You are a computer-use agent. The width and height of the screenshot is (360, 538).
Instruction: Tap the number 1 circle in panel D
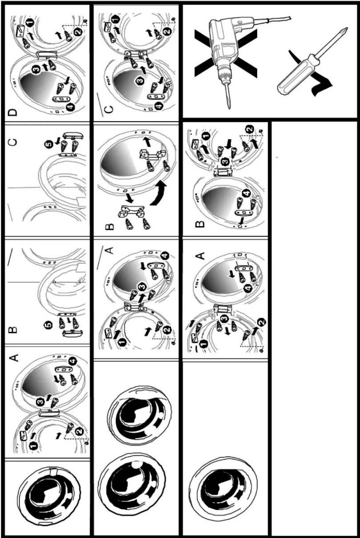tap(30, 23)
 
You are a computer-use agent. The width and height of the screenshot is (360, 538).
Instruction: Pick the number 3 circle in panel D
tap(36, 70)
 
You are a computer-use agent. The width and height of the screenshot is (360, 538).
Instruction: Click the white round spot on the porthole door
tap(136, 464)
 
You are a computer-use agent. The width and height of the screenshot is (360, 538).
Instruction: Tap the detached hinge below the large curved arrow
tap(131, 211)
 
